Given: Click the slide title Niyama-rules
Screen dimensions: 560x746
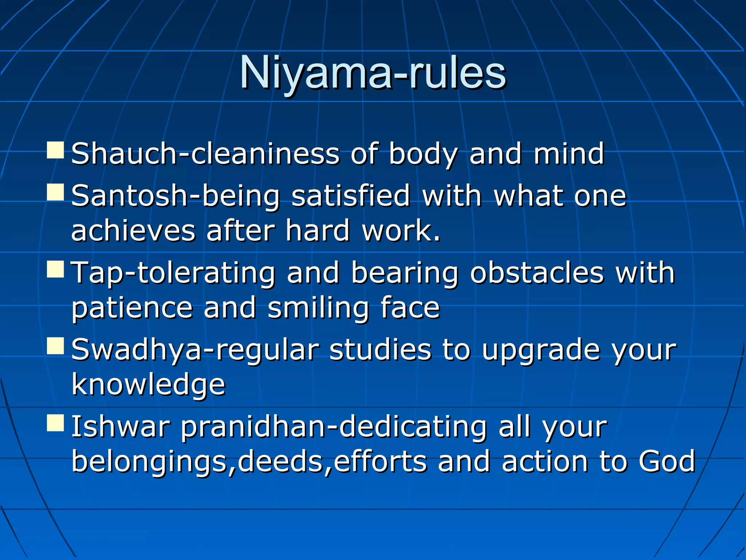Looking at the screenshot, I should (372, 73).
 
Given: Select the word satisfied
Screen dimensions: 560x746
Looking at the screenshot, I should (350, 196).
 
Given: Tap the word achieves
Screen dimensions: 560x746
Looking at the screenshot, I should (133, 231).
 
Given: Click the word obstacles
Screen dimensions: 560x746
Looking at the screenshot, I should (537, 273).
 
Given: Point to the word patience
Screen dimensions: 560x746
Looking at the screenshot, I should (132, 308).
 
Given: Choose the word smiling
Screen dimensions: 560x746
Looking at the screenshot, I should (318, 308).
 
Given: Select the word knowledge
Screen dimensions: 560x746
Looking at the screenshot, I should (148, 385).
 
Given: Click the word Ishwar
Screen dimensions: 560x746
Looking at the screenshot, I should (121, 427).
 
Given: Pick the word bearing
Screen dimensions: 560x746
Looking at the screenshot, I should (404, 273).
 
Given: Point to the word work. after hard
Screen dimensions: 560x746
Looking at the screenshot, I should (401, 231).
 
